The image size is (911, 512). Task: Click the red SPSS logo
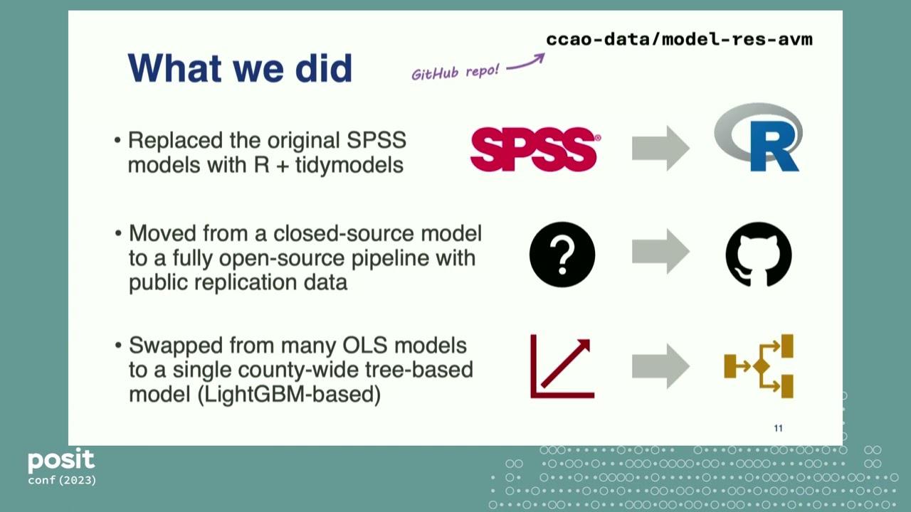[535, 149]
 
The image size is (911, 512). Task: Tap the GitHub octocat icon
[758, 255]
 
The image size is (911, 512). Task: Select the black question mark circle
[562, 255]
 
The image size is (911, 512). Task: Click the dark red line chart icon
[562, 366]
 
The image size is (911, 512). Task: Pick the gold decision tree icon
[759, 366]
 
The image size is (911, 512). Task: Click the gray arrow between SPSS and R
[660, 148]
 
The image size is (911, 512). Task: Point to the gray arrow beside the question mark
[660, 252]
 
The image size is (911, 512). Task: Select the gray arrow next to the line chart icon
[660, 366]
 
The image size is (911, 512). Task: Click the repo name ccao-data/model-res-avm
[679, 39]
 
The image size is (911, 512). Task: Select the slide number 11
[778, 428]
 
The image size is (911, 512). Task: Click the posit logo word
[61, 462]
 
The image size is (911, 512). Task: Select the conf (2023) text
[62, 481]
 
